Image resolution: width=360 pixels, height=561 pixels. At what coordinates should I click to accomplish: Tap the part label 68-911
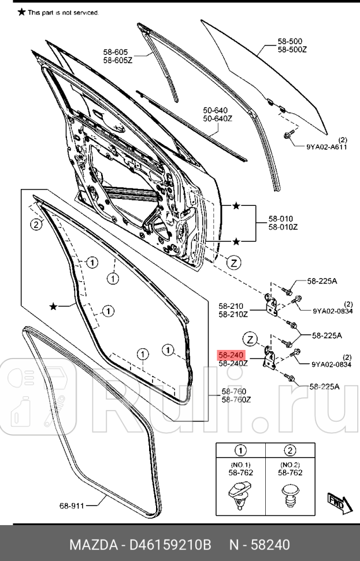(72, 505)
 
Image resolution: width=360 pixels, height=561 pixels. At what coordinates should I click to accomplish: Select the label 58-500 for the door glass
(290, 42)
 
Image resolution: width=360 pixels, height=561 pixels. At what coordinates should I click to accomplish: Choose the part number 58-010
(280, 219)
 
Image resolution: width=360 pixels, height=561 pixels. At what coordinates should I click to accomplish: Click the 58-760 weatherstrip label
(234, 392)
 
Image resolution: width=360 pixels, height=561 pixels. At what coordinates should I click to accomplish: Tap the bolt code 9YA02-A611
(326, 147)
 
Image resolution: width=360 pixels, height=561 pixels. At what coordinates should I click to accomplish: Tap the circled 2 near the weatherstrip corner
(36, 225)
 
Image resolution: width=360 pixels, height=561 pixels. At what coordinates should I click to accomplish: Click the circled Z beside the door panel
(233, 263)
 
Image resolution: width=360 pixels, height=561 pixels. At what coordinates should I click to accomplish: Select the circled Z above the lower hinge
(250, 339)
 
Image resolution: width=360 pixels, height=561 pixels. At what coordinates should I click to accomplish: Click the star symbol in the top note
(21, 12)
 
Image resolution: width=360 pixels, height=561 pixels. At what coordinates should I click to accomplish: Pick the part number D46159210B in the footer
(171, 545)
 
